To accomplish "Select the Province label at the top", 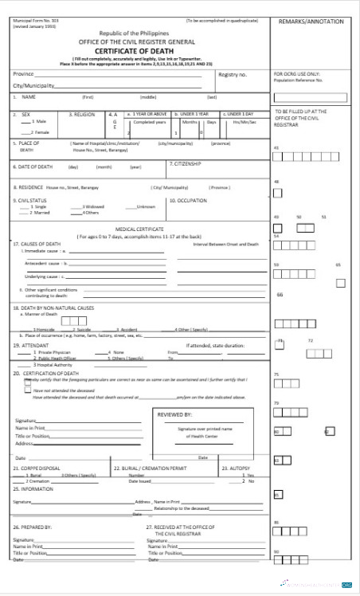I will (x=23, y=73).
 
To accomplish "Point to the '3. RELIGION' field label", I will (x=83, y=114).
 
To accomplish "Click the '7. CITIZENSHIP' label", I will (x=186, y=163).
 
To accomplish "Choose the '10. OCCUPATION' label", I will (x=190, y=201).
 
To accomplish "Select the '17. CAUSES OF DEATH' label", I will (x=37, y=243).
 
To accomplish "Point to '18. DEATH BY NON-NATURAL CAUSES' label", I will (x=53, y=307).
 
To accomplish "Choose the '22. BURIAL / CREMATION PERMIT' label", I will (x=150, y=468).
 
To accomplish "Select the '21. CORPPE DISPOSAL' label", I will (x=37, y=468).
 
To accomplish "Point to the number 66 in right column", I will (x=280, y=294).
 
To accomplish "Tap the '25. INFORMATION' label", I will (x=33, y=488).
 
